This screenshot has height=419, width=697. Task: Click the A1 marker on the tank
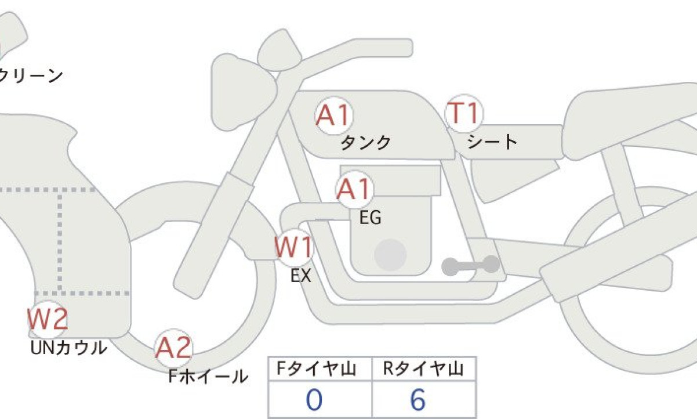click(334, 115)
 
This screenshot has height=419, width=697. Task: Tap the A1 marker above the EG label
click(355, 189)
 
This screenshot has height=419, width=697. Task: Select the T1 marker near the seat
click(464, 113)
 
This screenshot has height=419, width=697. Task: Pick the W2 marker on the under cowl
click(48, 319)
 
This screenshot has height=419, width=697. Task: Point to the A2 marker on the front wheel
click(173, 348)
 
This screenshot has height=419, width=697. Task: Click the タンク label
click(366, 143)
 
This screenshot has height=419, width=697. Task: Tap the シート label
click(492, 142)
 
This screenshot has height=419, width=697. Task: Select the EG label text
click(371, 218)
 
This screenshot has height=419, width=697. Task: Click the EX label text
click(300, 276)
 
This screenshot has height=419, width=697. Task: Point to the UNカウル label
click(69, 348)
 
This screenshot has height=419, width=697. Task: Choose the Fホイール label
click(208, 376)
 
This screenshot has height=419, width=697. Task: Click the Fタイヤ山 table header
click(317, 369)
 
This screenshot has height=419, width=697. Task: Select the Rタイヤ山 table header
click(423, 369)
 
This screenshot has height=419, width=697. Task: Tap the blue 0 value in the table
click(314, 400)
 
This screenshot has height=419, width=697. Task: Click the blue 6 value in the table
click(418, 400)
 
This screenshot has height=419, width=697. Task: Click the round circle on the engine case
click(390, 255)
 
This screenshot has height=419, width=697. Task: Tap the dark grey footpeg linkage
click(471, 265)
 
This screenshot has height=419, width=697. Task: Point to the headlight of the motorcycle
click(244, 92)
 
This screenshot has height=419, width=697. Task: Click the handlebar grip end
click(405, 48)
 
